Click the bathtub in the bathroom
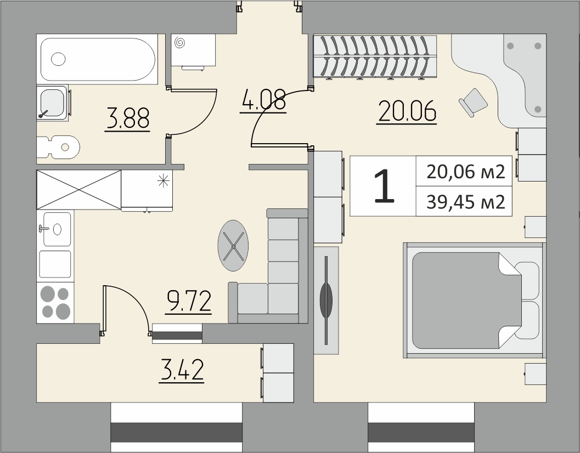97,59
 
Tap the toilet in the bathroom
59,147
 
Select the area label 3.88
128,118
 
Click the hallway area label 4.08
263,100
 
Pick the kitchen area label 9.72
189,302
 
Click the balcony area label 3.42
181,370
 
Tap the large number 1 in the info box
384,186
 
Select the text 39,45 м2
466,202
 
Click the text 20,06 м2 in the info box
466,172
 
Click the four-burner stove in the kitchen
55,303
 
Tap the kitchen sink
55,229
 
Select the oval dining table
233,246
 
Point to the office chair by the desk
473,102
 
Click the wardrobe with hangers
375,56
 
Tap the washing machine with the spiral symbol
193,50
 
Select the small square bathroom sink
53,103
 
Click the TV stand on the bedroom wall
326,301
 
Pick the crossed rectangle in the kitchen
79,190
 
